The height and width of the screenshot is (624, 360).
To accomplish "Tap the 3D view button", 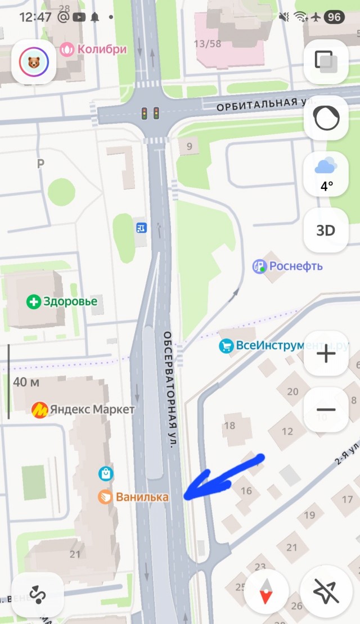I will coord(326,230).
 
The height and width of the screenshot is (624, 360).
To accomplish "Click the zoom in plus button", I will coord(326,354).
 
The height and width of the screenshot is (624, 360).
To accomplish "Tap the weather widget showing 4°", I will coord(326,174).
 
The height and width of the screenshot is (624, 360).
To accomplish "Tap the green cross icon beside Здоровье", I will coord(34,302).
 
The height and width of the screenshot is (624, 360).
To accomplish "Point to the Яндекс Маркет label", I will coord(84,409).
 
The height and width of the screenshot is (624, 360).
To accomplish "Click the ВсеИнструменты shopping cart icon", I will coord(226,346).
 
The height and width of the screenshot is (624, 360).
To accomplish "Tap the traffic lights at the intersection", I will coord(150,113).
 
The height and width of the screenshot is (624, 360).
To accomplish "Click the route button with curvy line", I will coord(38,595).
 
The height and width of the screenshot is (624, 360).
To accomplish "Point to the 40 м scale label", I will coord(26,382).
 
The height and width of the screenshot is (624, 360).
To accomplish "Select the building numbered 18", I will coord(229,426).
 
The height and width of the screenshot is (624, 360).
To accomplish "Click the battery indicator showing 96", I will coord(334,17).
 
